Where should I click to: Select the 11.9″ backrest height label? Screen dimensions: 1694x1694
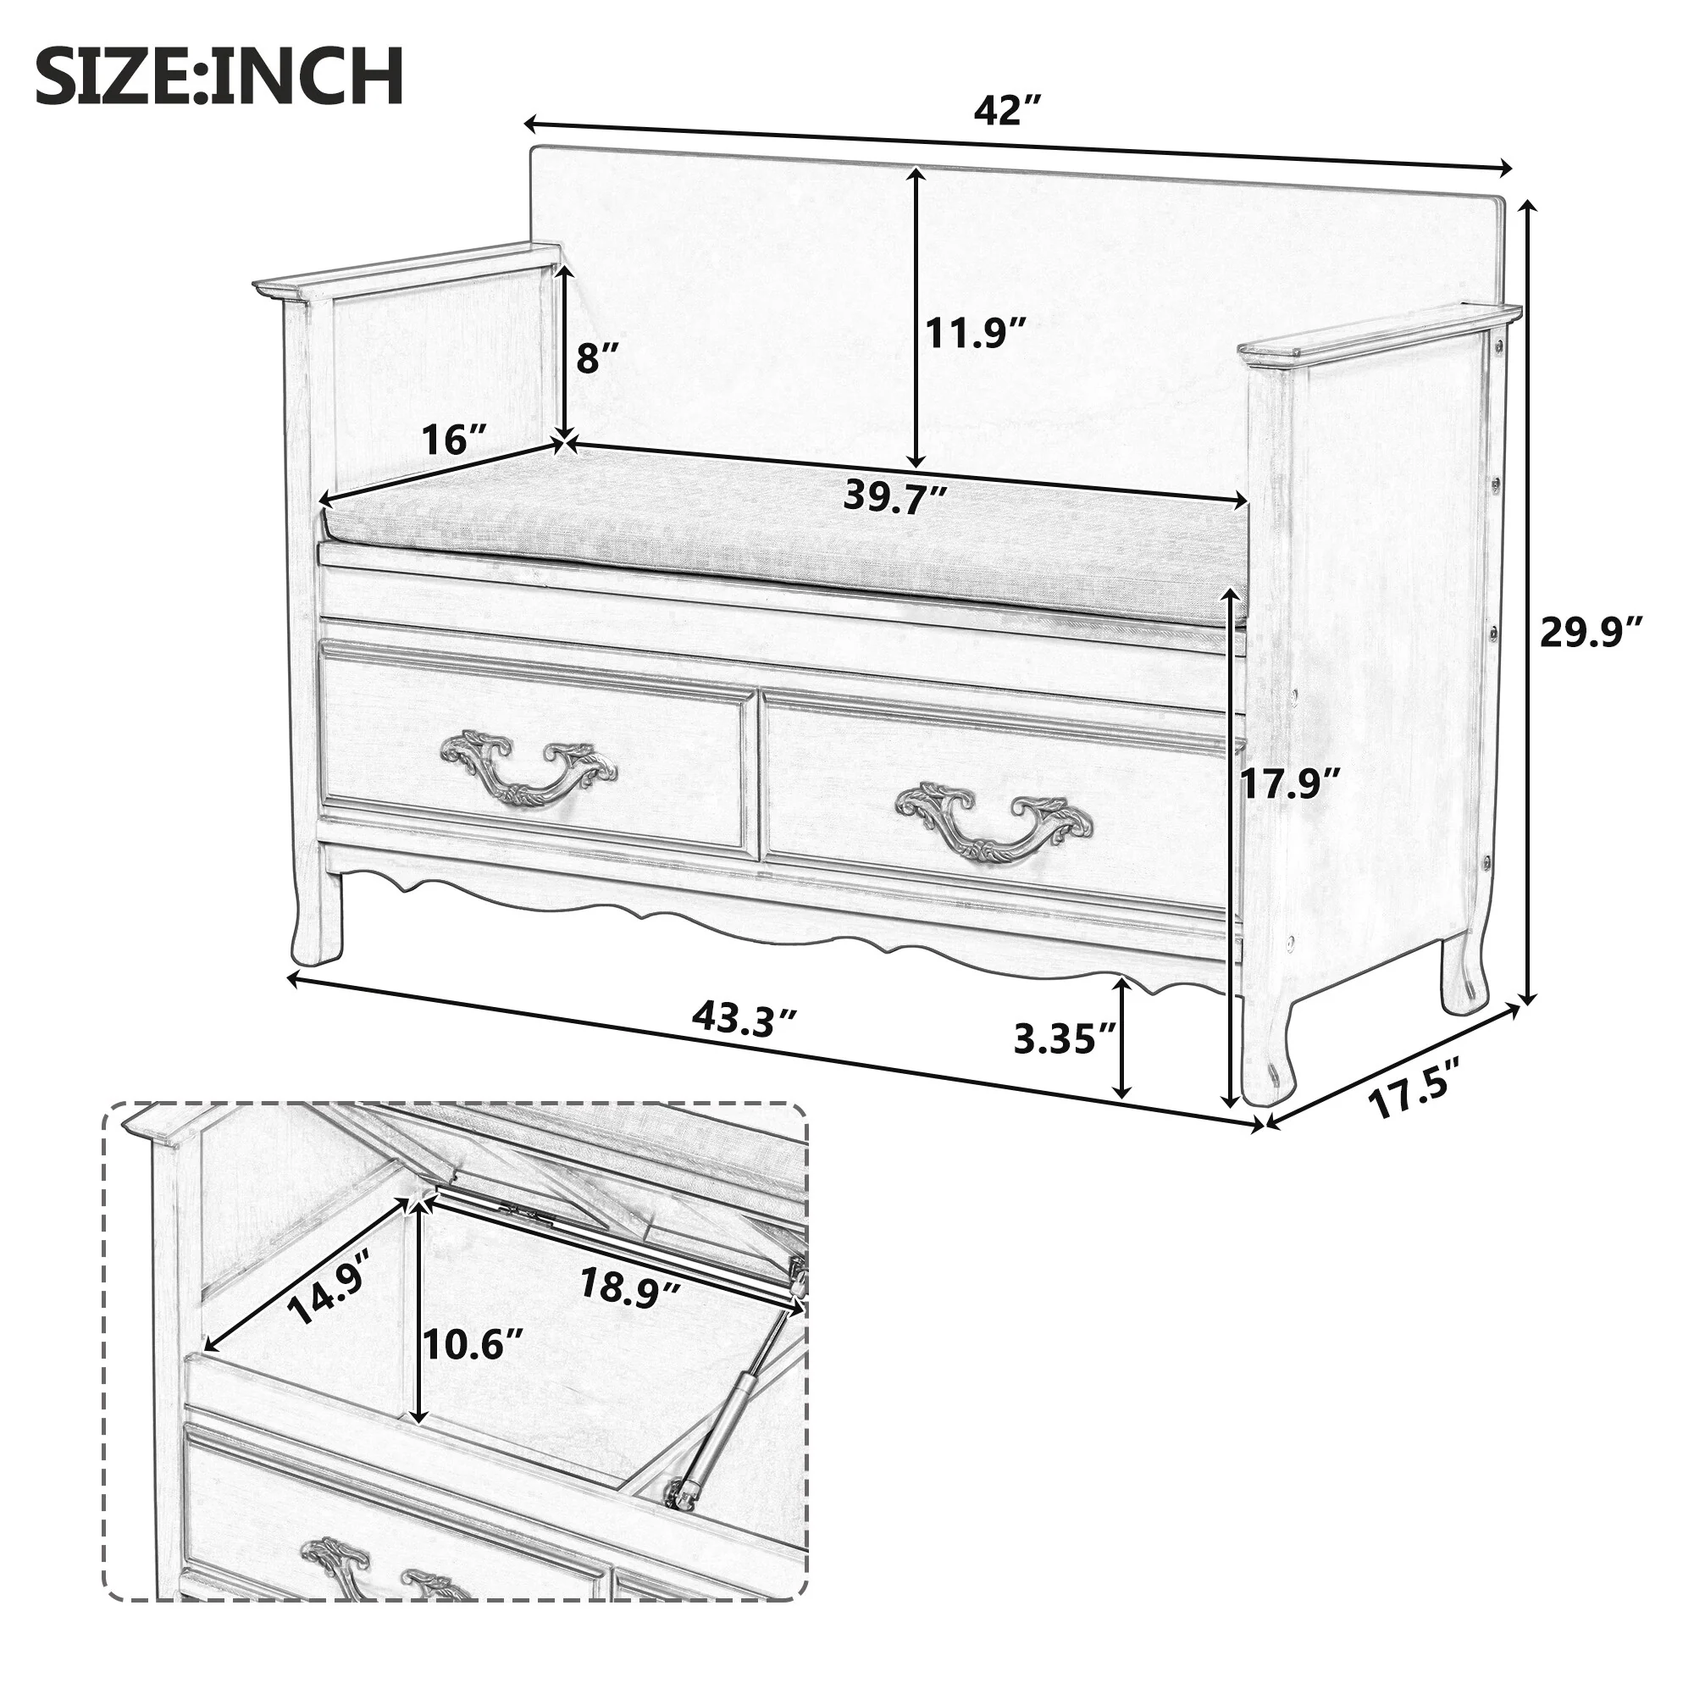(976, 333)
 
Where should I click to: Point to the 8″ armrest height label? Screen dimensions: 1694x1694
(598, 357)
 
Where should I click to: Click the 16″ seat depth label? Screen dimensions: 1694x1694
(453, 439)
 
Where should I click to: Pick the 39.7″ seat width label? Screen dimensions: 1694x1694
(895, 496)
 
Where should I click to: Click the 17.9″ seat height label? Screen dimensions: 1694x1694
(1290, 783)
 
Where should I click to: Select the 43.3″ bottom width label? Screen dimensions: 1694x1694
(745, 1019)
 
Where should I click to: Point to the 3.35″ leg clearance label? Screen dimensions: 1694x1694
(1065, 1039)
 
